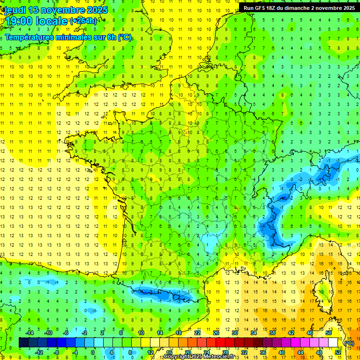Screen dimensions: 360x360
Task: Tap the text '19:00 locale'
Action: [35, 21]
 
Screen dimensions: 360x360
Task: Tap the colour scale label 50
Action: [329, 333]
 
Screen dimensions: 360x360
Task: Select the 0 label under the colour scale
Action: [93, 352]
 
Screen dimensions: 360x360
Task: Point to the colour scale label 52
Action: [337, 352]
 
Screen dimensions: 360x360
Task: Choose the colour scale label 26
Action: [216, 333]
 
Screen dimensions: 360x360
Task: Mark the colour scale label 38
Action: [272, 333]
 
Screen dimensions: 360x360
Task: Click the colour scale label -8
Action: [56, 352]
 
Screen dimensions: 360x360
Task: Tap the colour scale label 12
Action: [150, 352]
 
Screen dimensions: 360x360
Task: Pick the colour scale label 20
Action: [187, 352]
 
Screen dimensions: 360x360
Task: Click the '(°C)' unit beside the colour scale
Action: [349, 343]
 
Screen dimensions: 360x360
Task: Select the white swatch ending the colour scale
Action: [333, 343]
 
